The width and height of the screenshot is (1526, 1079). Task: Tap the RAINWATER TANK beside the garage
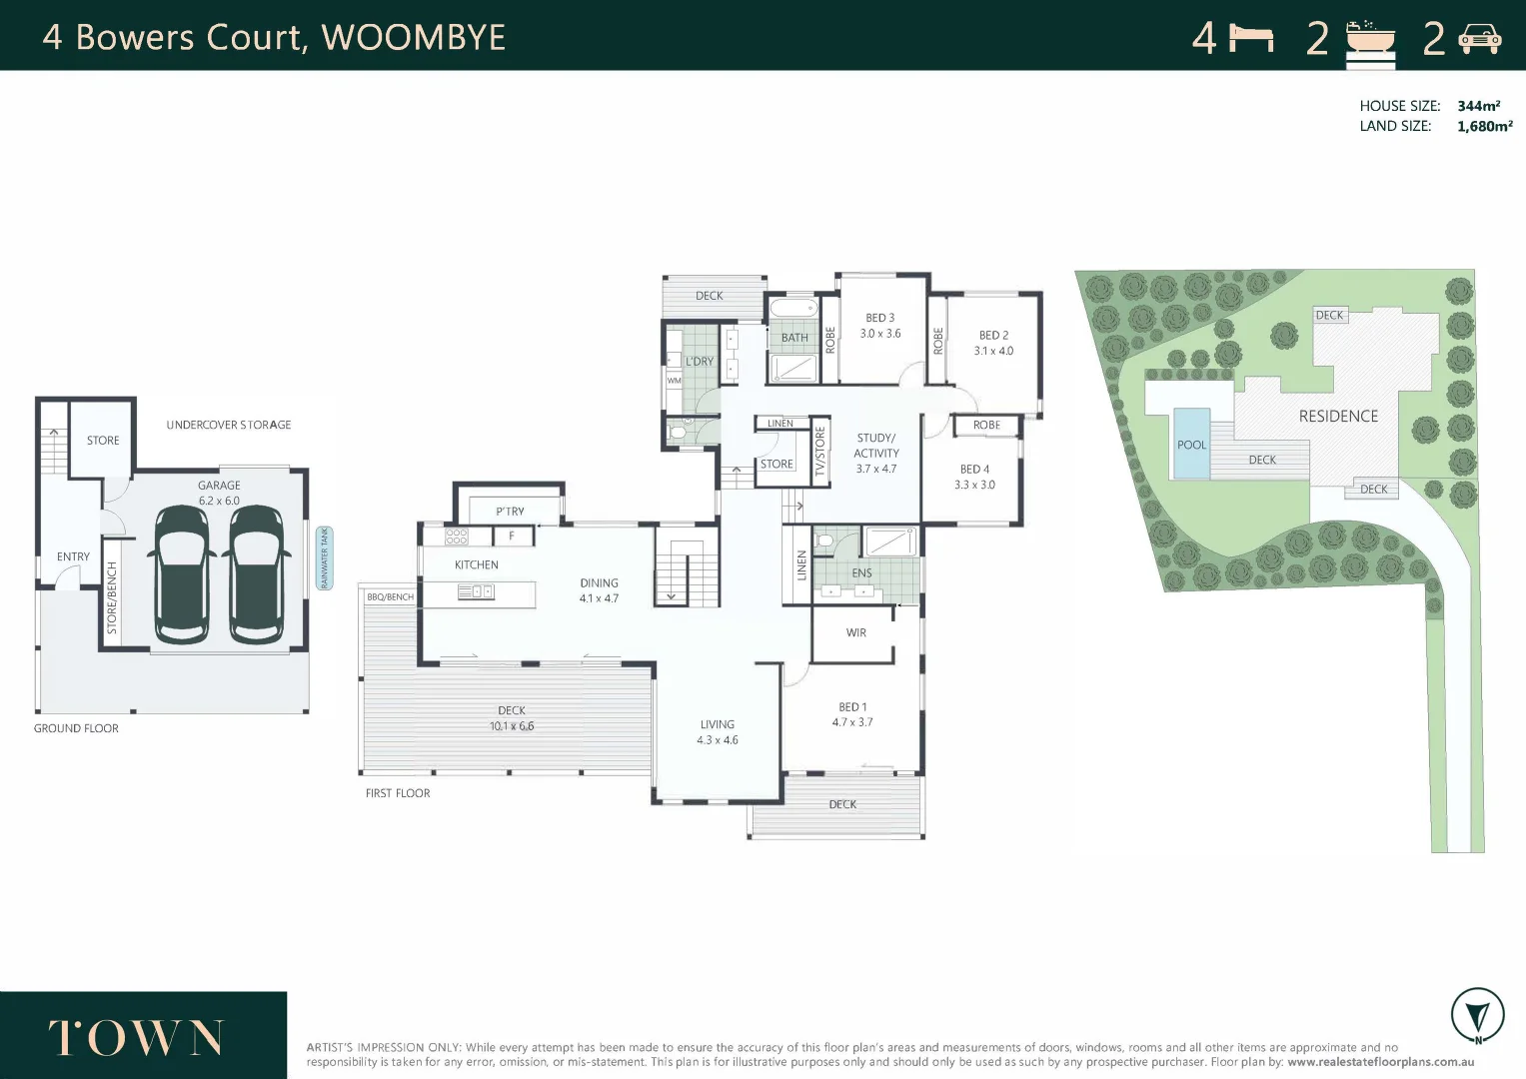tap(324, 558)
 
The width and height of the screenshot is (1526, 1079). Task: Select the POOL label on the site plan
tap(1191, 445)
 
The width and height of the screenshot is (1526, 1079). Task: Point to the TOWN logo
tap(136, 1038)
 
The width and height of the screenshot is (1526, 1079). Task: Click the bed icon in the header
tap(1251, 39)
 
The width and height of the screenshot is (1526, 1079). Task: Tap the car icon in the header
tap(1479, 39)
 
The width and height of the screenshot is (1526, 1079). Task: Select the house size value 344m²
tap(1478, 106)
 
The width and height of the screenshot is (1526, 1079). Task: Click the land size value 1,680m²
tap(1484, 126)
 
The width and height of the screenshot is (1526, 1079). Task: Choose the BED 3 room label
tap(879, 318)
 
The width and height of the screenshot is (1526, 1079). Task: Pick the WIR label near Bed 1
tap(856, 632)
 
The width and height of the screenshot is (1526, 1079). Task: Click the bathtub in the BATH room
tap(793, 308)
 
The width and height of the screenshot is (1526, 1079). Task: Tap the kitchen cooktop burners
tap(457, 537)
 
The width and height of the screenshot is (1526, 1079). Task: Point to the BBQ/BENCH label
tap(390, 597)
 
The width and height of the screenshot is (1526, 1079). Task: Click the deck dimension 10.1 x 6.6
tap(512, 726)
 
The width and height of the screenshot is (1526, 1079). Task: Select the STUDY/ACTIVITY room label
tap(876, 446)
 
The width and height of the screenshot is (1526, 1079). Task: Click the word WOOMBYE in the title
tap(413, 37)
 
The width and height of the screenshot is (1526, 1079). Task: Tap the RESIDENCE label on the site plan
tap(1338, 416)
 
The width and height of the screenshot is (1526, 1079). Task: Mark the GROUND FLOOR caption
tap(76, 728)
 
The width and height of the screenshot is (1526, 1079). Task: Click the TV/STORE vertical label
tap(819, 451)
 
